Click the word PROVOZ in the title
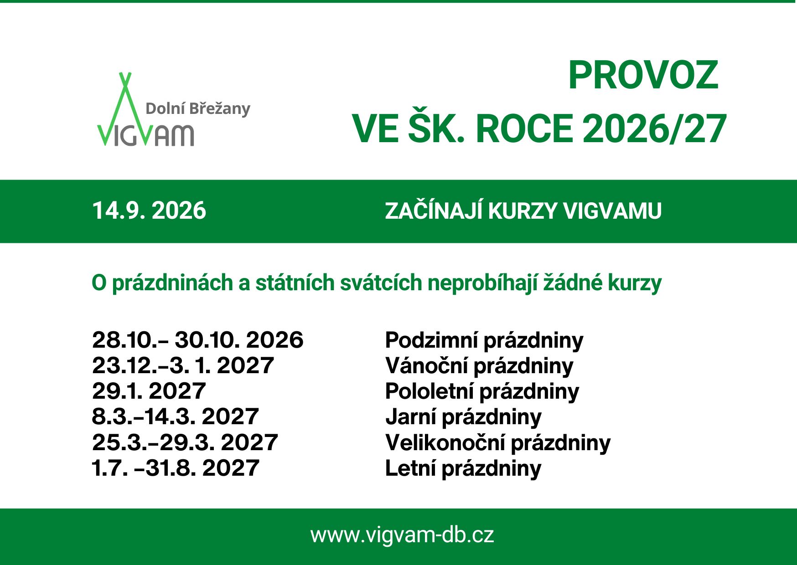pyautogui.click(x=643, y=76)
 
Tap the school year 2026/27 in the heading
pyautogui.click(x=654, y=129)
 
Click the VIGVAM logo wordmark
pyautogui.click(x=145, y=135)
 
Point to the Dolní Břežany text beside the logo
pyautogui.click(x=198, y=108)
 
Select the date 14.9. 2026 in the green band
pyautogui.click(x=149, y=211)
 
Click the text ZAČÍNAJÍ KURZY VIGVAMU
pyautogui.click(x=523, y=211)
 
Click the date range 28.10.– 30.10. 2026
pyautogui.click(x=197, y=340)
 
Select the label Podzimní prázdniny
pyautogui.click(x=484, y=341)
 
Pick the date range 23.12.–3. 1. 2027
pyautogui.click(x=183, y=365)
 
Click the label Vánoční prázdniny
pyautogui.click(x=479, y=366)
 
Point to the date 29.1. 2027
pyautogui.click(x=149, y=391)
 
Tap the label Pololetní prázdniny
pyautogui.click(x=482, y=392)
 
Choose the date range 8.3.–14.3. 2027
pyautogui.click(x=176, y=416)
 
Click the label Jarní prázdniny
pyautogui.click(x=463, y=417)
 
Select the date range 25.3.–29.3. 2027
pyautogui.click(x=185, y=442)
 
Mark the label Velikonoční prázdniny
pyautogui.click(x=498, y=443)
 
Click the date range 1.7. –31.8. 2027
pyautogui.click(x=176, y=468)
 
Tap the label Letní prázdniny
pyautogui.click(x=463, y=469)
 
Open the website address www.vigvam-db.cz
pyautogui.click(x=402, y=535)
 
